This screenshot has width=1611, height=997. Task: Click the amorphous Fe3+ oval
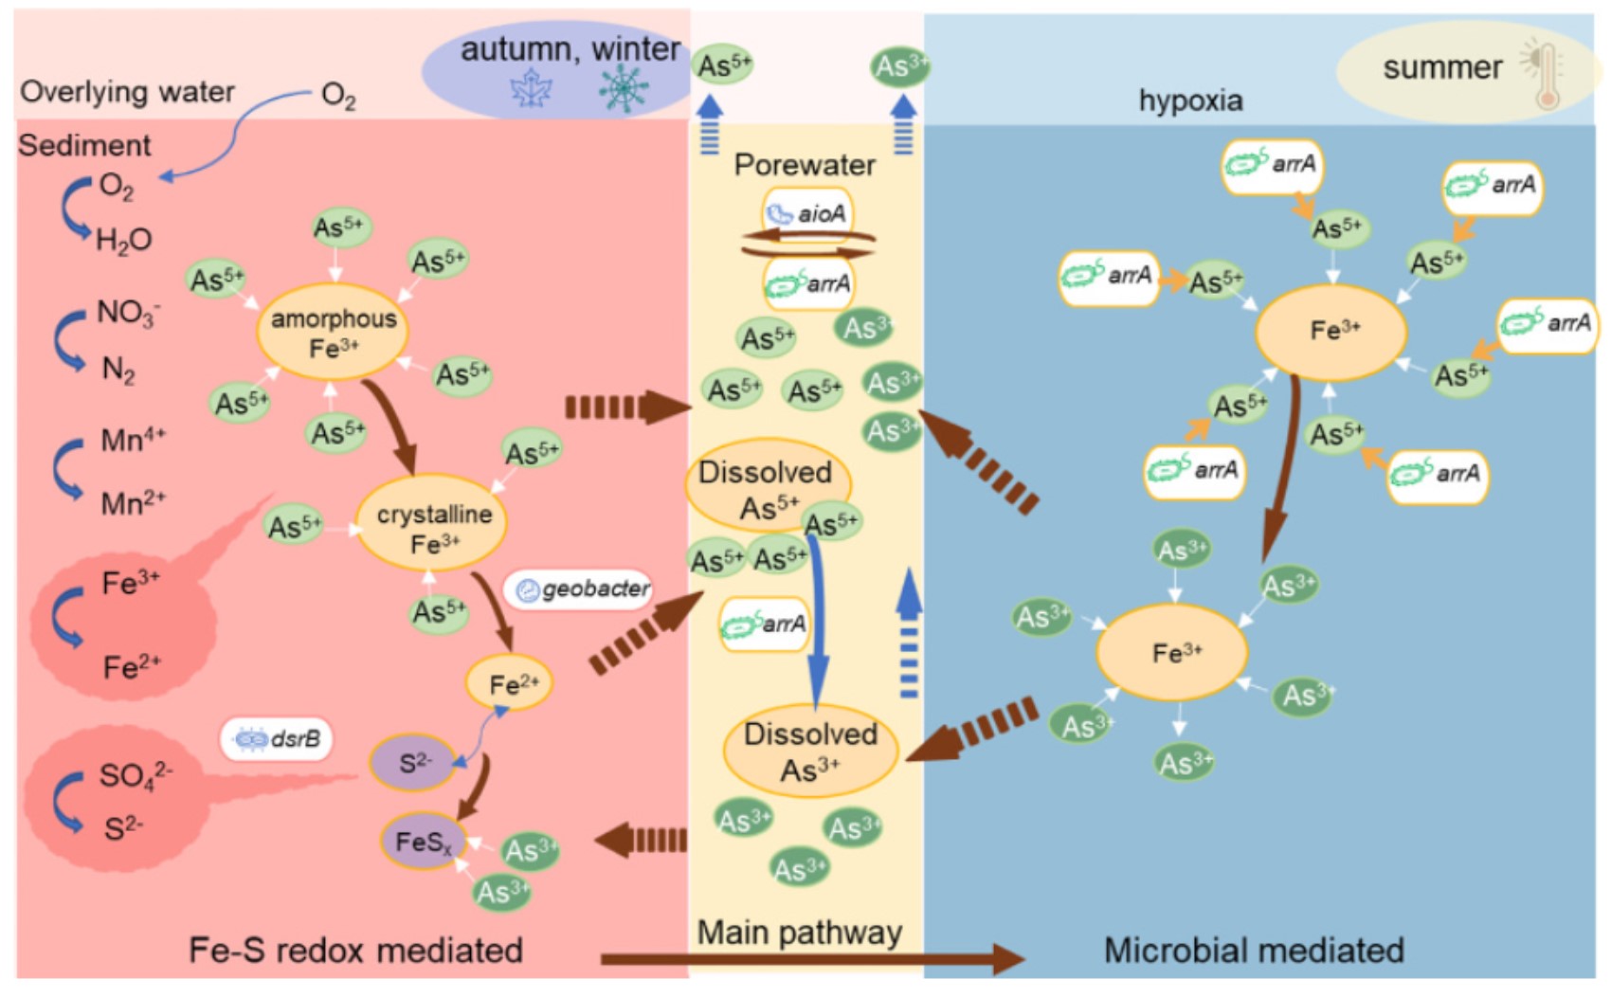(x=333, y=332)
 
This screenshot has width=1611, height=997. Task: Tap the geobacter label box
(x=582, y=589)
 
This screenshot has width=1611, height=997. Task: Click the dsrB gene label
(x=277, y=739)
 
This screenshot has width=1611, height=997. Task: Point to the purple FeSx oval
(x=423, y=841)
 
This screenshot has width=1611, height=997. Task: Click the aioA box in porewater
(x=807, y=213)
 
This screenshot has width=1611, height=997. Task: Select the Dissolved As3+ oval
(x=810, y=751)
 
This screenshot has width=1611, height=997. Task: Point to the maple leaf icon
(x=531, y=91)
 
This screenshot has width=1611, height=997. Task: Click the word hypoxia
(x=1190, y=100)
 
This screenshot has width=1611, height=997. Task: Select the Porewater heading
(x=805, y=165)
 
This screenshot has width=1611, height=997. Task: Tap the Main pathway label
(x=799, y=933)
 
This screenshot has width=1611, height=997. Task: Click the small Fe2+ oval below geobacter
(x=509, y=683)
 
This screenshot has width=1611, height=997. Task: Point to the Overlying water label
(x=127, y=92)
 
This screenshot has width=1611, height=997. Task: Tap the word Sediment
(x=84, y=145)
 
